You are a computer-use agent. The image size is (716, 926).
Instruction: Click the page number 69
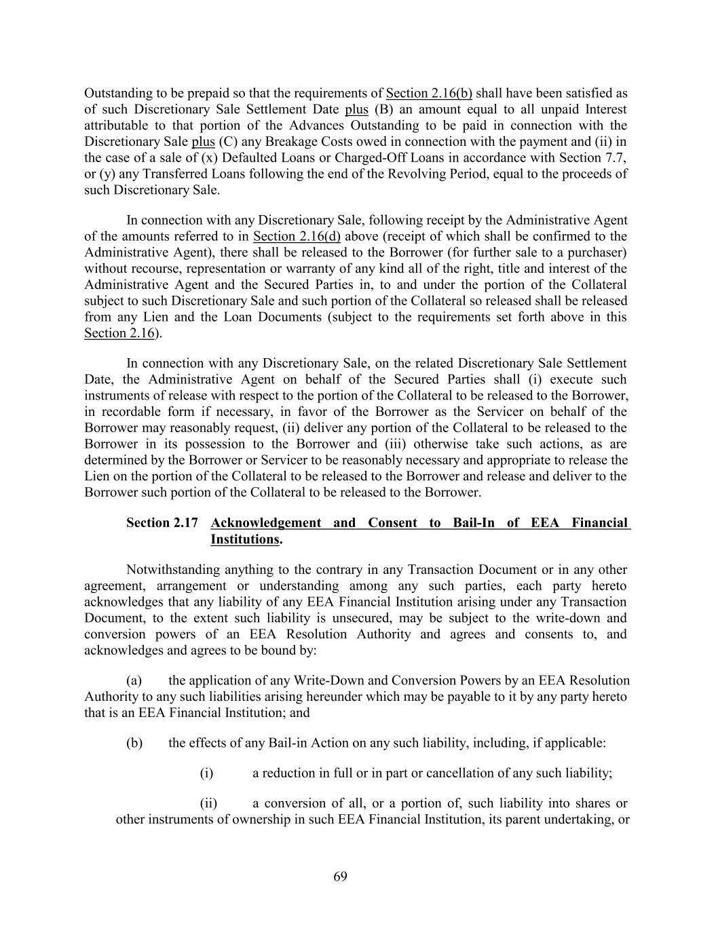pyautogui.click(x=340, y=876)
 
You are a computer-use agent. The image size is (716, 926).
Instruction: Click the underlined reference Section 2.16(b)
pyautogui.click(x=429, y=93)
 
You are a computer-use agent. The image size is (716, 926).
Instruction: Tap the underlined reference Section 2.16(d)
pyautogui.click(x=297, y=236)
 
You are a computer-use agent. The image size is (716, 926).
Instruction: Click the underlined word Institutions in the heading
pyautogui.click(x=245, y=539)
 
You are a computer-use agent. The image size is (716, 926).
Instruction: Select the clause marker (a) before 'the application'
pyautogui.click(x=134, y=680)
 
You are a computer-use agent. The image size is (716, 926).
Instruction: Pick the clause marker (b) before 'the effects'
pyautogui.click(x=134, y=742)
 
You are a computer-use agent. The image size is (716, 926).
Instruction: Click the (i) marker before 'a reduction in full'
pyautogui.click(x=206, y=773)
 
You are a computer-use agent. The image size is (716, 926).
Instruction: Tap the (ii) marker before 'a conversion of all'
pyautogui.click(x=208, y=803)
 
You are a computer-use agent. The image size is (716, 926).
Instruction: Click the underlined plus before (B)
pyautogui.click(x=356, y=109)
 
